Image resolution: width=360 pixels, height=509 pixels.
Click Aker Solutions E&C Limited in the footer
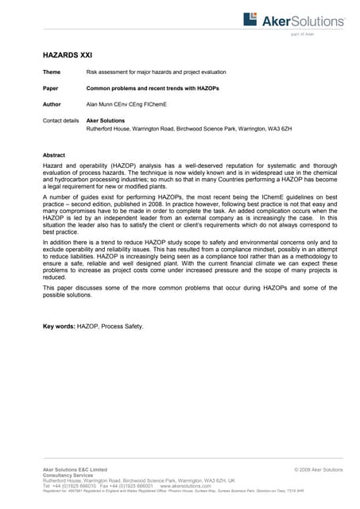(x=74, y=470)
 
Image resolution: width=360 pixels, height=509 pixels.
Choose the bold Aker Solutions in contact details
(x=106, y=120)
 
